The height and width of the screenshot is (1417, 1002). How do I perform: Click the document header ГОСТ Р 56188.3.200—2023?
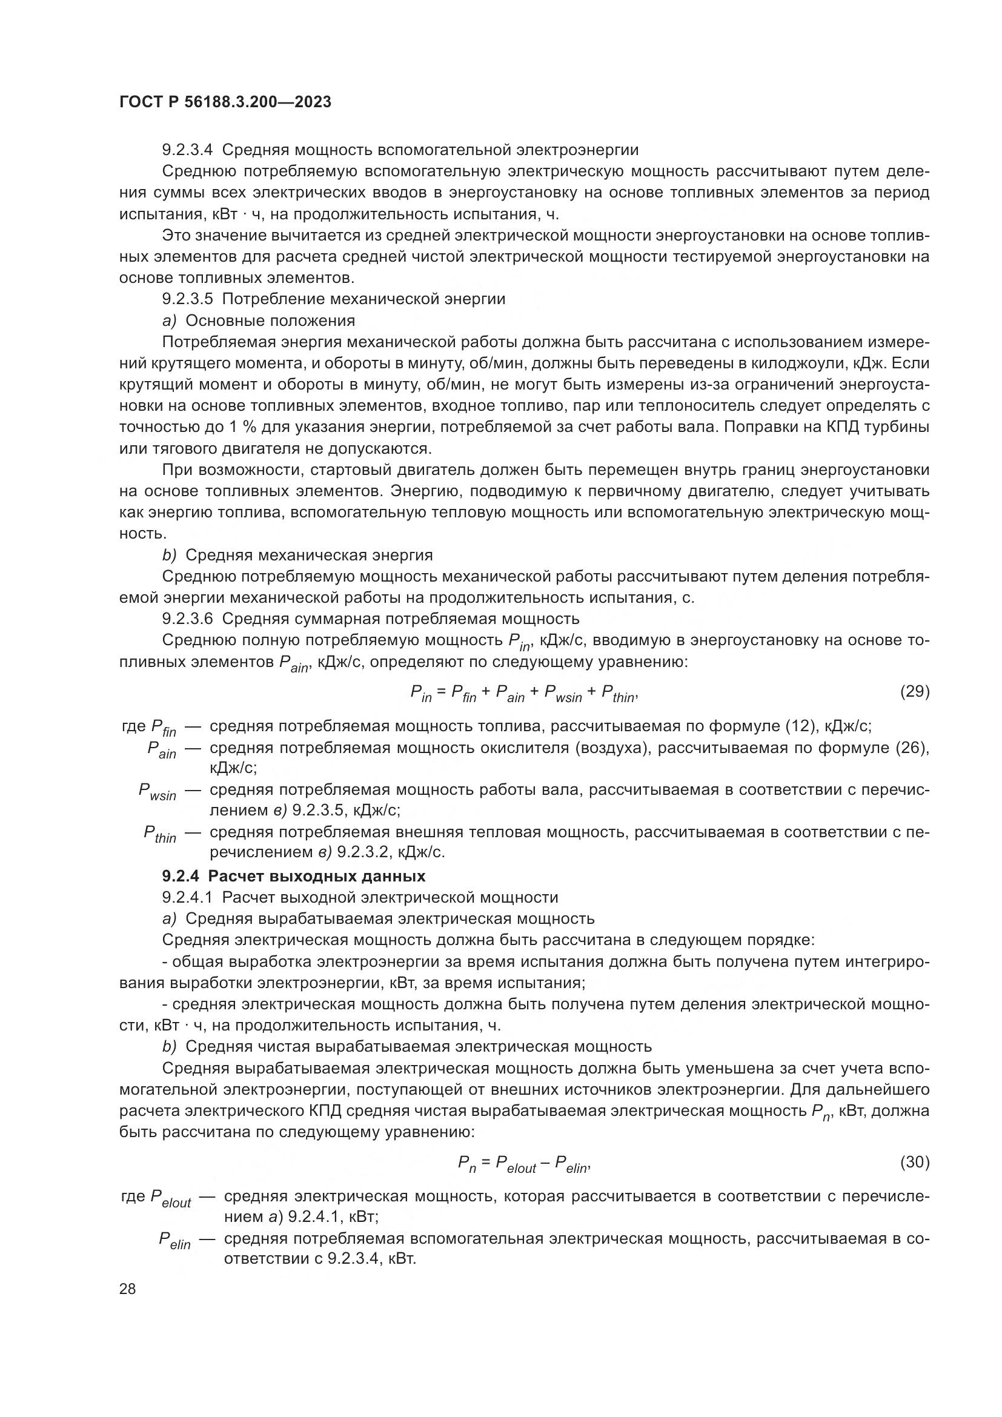point(225,102)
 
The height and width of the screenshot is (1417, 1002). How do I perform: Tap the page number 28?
point(128,1289)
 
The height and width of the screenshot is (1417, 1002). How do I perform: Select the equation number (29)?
point(914,691)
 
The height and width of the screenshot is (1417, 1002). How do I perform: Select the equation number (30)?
point(914,1162)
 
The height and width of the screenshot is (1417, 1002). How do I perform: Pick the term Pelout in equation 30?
point(516,1164)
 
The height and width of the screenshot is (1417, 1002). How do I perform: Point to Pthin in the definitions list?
point(160,834)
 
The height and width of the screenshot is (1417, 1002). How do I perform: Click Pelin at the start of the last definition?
point(174,1241)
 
